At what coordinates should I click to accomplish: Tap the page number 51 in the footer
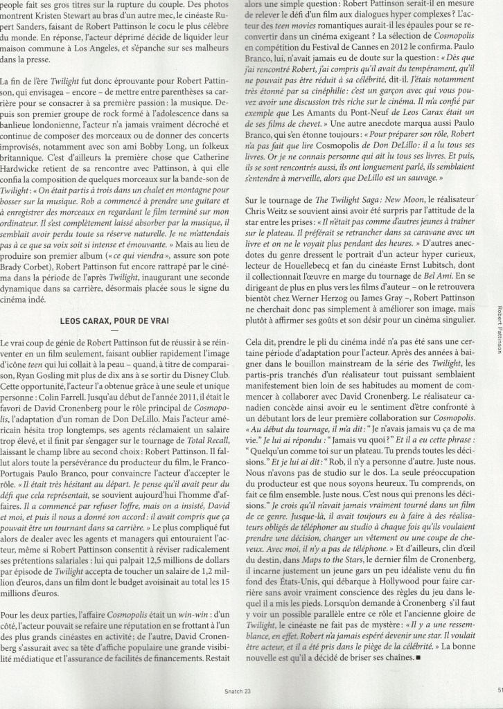tap(499, 698)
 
